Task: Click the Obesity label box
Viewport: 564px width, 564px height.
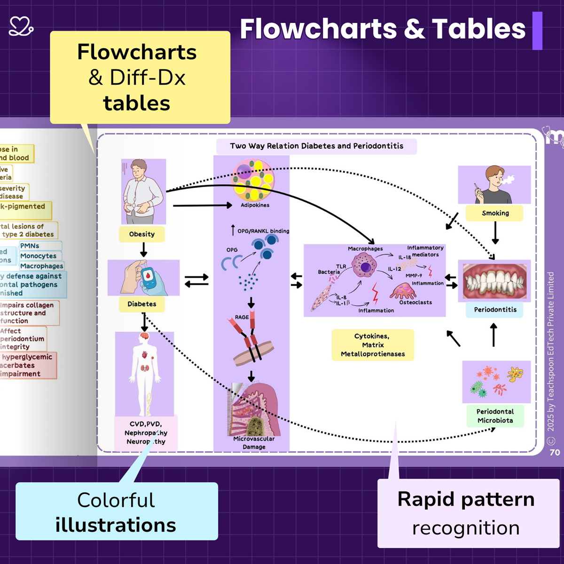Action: [x=141, y=234]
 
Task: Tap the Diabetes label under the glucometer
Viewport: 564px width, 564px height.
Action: [x=141, y=304]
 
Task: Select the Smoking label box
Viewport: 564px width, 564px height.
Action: [x=495, y=213]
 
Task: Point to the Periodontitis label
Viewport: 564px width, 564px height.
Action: [x=495, y=310]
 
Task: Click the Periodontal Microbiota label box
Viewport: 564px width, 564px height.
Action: [x=495, y=416]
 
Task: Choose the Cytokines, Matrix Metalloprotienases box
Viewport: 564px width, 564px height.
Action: [x=373, y=345]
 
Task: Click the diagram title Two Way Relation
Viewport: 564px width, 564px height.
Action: [x=316, y=146]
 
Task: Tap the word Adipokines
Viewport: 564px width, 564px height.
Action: [x=255, y=205]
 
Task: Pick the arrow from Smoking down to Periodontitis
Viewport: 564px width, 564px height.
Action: [x=495, y=232]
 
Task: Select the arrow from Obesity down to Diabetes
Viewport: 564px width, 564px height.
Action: [x=144, y=250]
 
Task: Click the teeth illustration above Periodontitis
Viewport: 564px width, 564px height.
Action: [x=494, y=281]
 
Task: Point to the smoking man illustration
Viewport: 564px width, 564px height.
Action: [x=494, y=185]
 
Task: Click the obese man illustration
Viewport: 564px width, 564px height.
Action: [x=143, y=191]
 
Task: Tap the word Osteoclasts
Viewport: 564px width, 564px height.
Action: [x=415, y=302]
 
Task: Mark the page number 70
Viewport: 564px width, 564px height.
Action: [x=555, y=452]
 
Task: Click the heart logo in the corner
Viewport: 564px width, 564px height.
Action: [x=21, y=26]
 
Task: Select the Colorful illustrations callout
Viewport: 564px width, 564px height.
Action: [x=117, y=512]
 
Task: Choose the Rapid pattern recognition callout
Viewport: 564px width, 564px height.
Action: [x=466, y=513]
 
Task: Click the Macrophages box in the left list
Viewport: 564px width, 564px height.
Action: [x=41, y=266]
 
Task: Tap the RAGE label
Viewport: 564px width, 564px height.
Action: [x=242, y=317]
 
